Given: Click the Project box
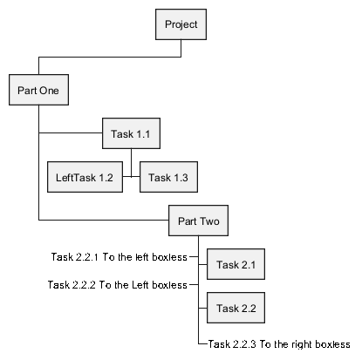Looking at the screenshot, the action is pos(181,24).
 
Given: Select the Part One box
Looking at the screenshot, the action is pos(38,90).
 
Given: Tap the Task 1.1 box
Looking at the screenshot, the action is pos(131,133).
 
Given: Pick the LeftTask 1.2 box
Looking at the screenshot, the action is pos(85,177).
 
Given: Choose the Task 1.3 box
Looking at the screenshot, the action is pos(168,177).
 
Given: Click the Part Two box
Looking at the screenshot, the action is pos(198,221).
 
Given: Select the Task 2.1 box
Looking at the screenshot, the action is pos(236,264).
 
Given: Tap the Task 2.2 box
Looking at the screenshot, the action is pos(236,308).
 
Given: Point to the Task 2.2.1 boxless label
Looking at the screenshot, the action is pos(120,257).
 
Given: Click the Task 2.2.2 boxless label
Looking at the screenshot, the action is pos(118,285).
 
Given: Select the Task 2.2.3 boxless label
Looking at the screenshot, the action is pos(279,344).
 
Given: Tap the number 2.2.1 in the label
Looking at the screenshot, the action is pos(87,257).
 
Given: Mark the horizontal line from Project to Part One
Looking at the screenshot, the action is pos(110,57).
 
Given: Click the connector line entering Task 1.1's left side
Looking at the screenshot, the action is pos(71,133).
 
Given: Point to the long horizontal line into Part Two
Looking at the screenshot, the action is pos(104,220).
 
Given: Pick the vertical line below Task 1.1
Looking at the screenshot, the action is pos(131,163).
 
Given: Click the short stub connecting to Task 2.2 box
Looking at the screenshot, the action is pos(202,308).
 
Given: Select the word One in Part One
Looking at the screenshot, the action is pos(49,91).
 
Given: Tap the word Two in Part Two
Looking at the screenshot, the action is pos(209,221).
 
